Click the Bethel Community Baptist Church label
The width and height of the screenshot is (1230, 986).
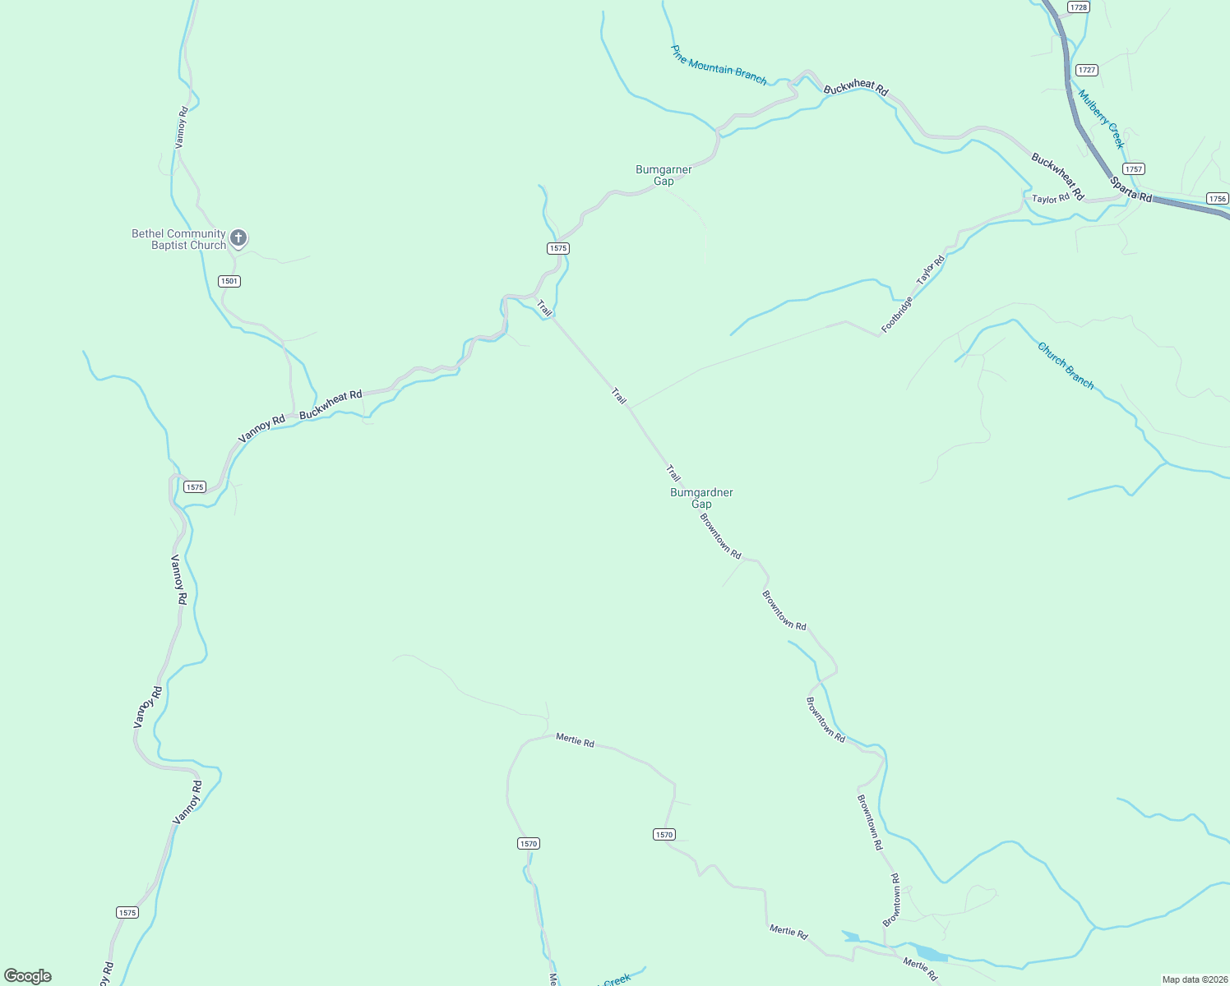pos(178,239)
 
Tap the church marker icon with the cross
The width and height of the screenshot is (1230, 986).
pos(238,238)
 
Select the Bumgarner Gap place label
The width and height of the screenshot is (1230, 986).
pos(664,175)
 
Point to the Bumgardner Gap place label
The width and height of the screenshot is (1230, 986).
pos(701,498)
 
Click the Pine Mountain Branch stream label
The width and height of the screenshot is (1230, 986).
pos(719,66)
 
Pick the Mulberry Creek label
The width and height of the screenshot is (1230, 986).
pos(1101,118)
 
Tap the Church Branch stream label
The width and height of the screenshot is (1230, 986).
pos(1066,366)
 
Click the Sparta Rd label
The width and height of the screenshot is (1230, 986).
pos(1131,189)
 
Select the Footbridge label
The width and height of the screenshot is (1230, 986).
pos(897,315)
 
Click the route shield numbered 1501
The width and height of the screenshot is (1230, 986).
pos(229,281)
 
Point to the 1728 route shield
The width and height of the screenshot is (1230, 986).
pos(1079,7)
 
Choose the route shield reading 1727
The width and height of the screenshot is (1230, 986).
pos(1087,70)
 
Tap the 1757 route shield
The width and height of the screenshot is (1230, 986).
pos(1134,168)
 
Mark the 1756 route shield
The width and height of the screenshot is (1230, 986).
pos(1218,198)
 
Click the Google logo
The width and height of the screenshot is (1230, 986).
pos(28,976)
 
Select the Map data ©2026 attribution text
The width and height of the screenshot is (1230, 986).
pos(1193,979)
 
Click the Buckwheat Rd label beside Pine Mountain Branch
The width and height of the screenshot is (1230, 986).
pos(856,89)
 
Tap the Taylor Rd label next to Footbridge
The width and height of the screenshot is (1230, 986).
pos(931,270)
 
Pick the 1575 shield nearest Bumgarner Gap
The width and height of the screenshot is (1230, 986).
pos(558,248)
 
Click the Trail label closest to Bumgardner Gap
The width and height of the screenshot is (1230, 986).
pos(673,473)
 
